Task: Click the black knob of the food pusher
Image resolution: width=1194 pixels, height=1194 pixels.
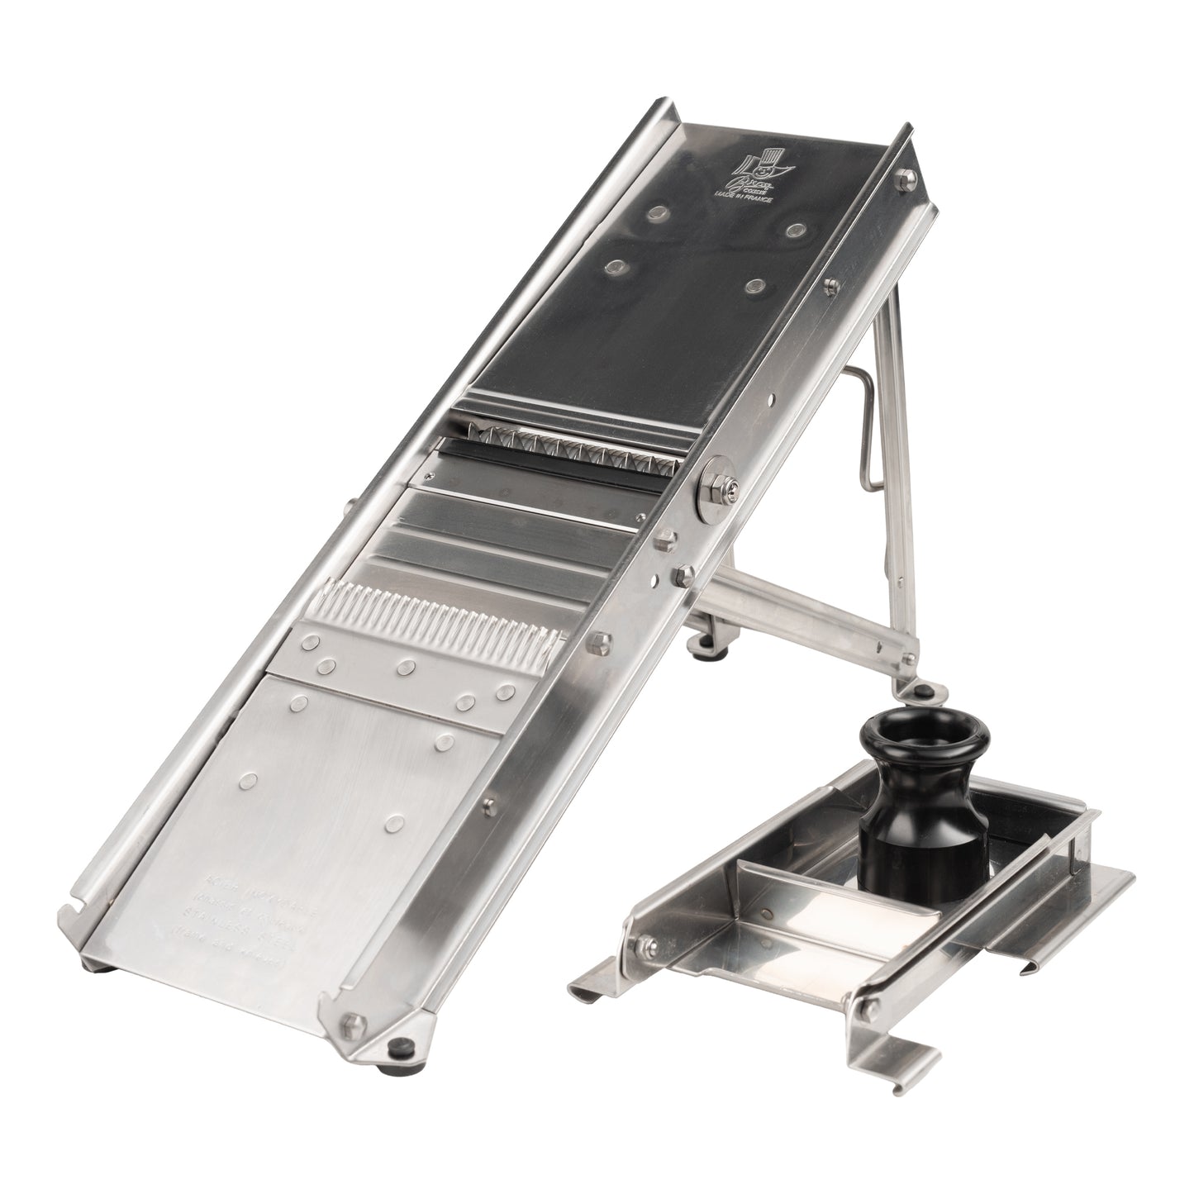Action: [x=917, y=761]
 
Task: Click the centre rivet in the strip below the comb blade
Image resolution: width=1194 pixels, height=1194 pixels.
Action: [x=404, y=666]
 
